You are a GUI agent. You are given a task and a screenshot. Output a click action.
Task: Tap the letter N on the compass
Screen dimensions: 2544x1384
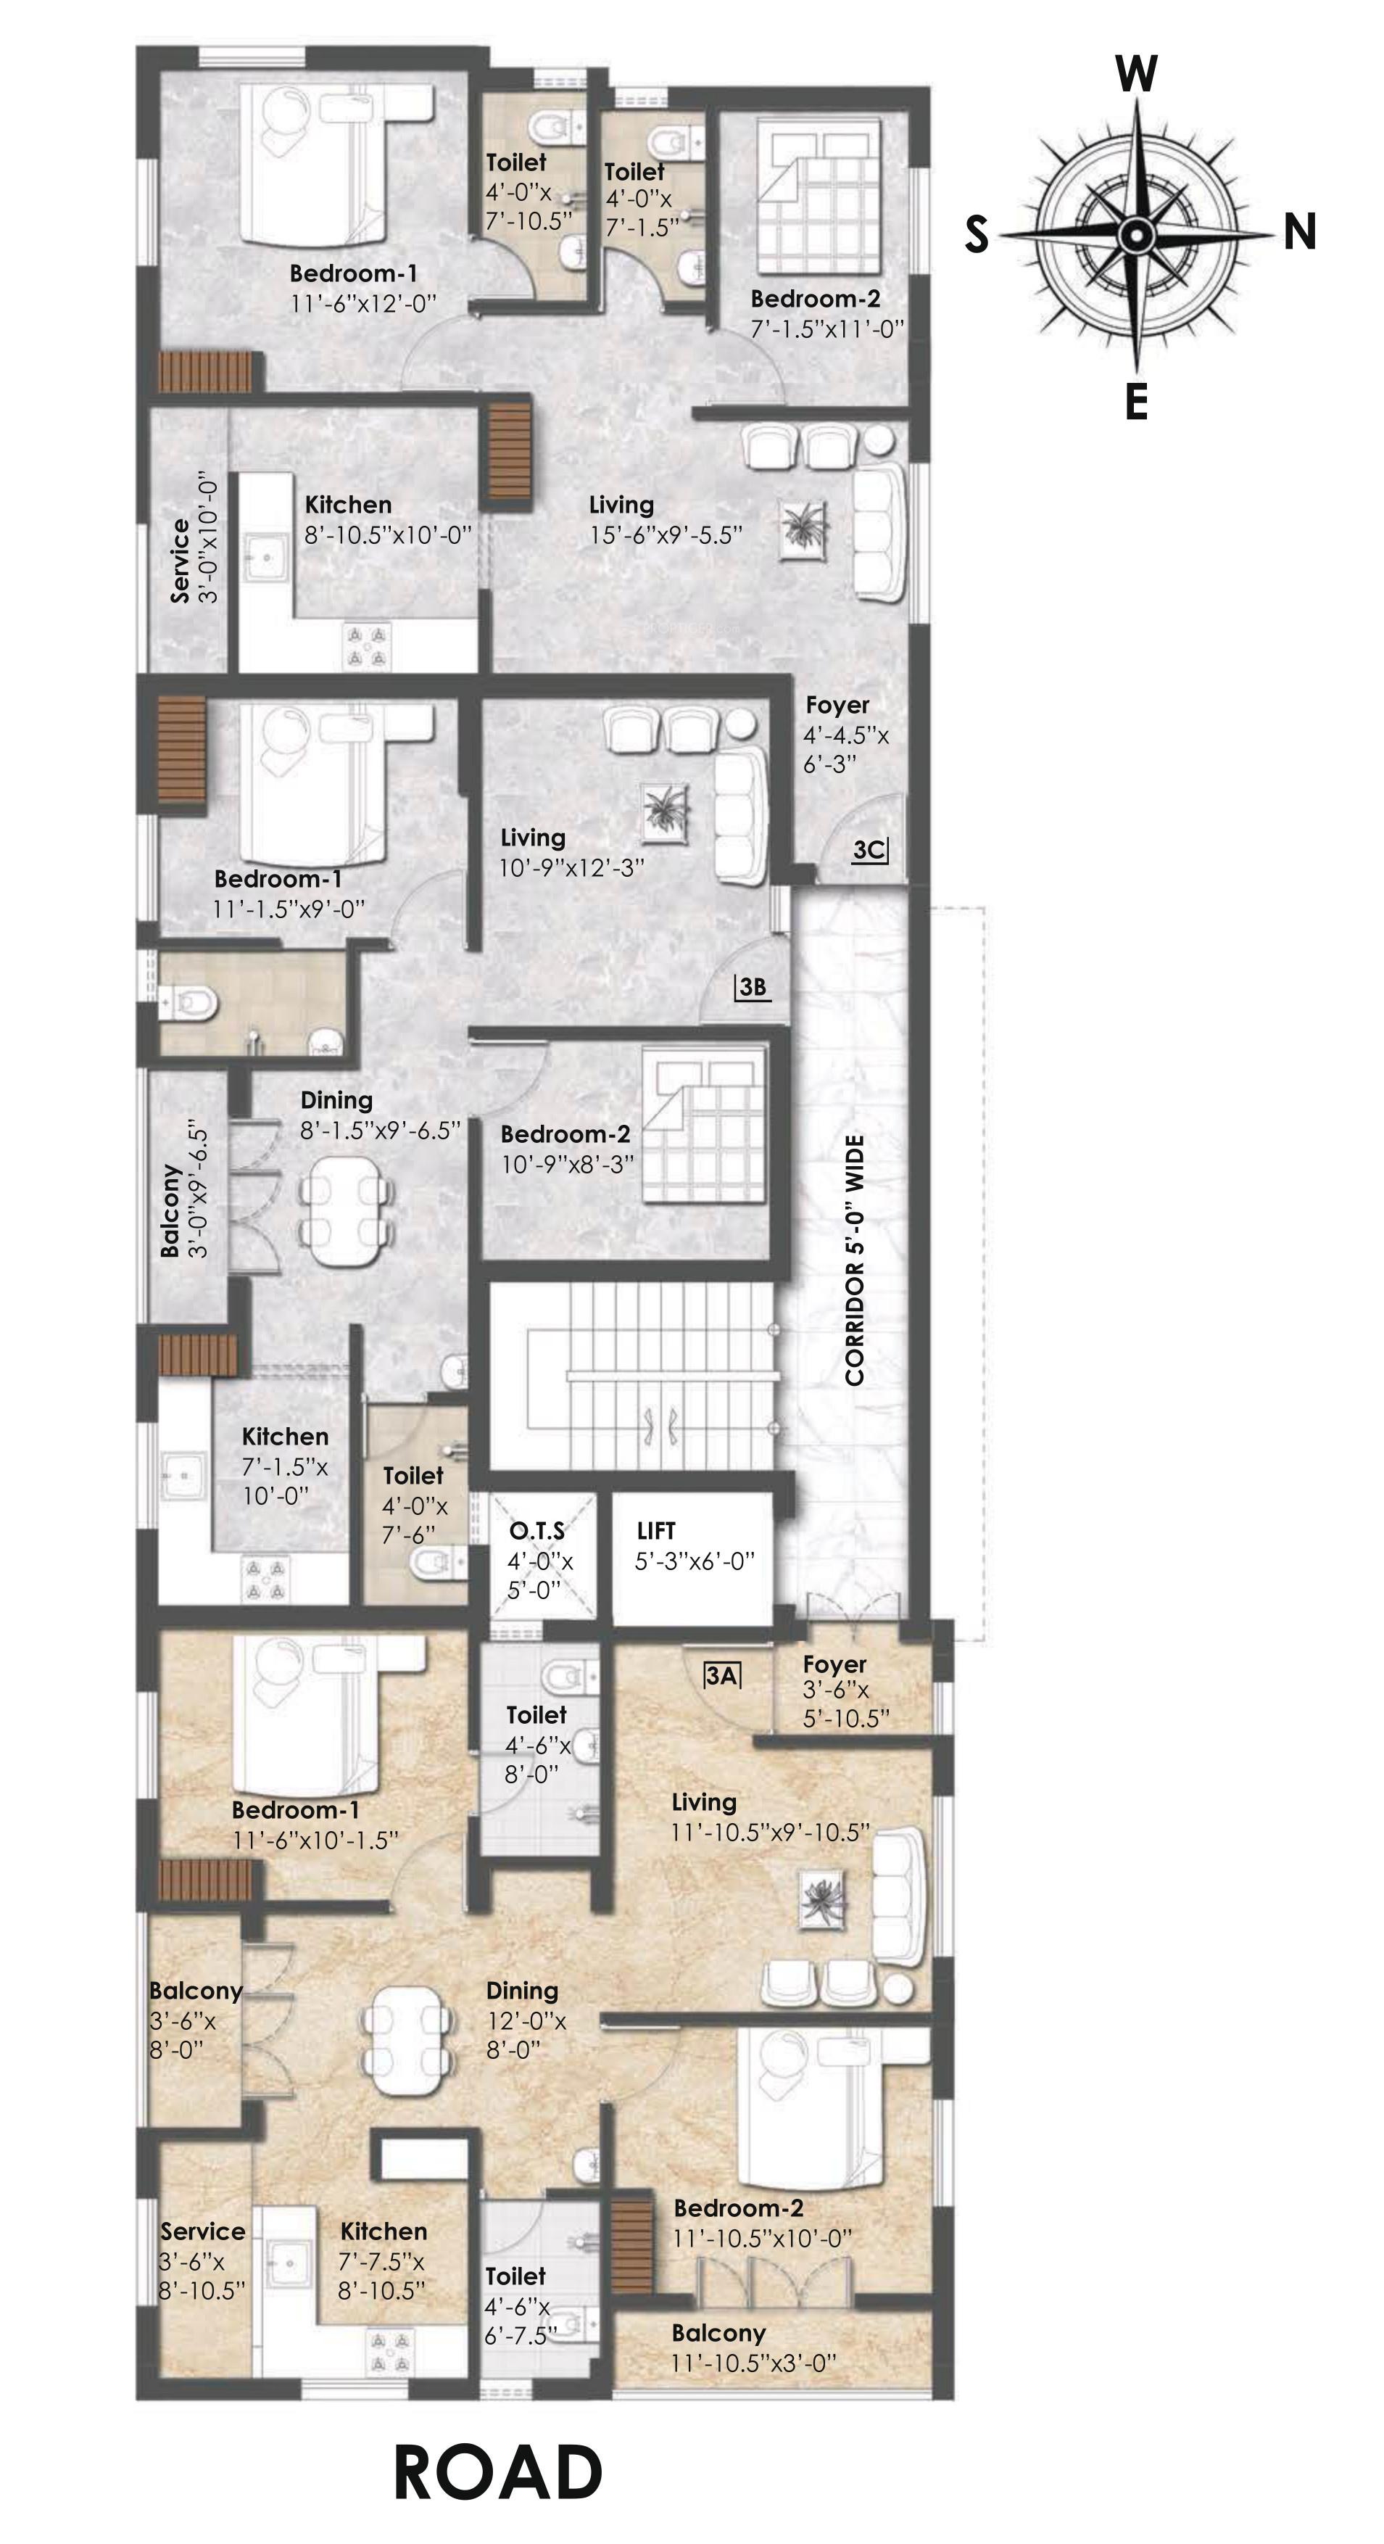tap(1299, 233)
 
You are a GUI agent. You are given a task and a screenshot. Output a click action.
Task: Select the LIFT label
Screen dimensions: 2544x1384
tap(655, 1531)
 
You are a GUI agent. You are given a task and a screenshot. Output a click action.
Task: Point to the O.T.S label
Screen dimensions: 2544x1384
tap(537, 1531)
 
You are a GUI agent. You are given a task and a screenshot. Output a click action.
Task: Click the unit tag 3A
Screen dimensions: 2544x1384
tap(721, 1676)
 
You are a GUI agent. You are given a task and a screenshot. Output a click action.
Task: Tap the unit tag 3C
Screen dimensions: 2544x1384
tap(869, 849)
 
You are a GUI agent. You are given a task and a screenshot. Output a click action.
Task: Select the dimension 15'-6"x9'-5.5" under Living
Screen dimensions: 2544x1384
tap(666, 535)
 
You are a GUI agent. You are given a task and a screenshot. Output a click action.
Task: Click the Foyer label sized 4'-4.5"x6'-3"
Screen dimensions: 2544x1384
tap(837, 705)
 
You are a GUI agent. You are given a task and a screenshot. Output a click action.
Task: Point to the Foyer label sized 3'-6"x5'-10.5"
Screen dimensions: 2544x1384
tap(834, 1664)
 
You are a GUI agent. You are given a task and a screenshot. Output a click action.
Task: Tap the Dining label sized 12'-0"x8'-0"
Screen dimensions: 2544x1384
tap(522, 1990)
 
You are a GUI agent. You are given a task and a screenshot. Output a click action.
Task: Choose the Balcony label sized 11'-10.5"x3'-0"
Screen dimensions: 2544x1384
tap(718, 2333)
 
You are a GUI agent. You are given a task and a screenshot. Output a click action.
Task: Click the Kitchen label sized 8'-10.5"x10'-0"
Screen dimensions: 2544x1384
tap(347, 505)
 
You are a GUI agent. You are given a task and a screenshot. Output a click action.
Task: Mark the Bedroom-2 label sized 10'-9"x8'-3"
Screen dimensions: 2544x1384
tap(565, 1135)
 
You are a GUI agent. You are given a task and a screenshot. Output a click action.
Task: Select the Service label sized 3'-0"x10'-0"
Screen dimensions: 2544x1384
tap(180, 560)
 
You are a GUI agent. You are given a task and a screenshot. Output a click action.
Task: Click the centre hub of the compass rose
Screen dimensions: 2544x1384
tap(1136, 235)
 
